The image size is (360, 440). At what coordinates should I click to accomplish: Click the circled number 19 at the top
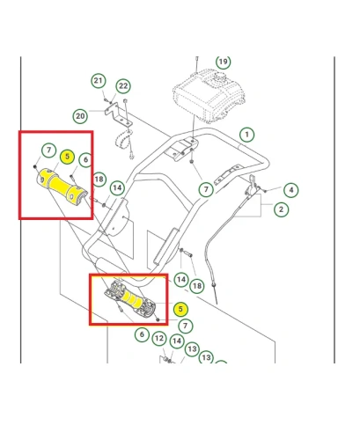[224, 62]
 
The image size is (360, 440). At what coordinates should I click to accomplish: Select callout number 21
[99, 81]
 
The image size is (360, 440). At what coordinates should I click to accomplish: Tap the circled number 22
[123, 86]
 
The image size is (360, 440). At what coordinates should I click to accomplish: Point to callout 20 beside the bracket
[80, 116]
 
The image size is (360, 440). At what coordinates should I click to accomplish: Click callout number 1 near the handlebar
[246, 135]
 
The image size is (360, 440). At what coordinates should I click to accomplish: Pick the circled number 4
[291, 190]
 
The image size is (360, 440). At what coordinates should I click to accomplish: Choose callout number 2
[281, 209]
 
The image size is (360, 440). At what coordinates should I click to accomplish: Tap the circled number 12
[159, 339]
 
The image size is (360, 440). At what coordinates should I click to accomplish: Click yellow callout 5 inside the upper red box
[67, 157]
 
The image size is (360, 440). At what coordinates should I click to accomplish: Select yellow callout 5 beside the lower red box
[180, 309]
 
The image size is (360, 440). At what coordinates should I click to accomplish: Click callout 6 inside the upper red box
[85, 159]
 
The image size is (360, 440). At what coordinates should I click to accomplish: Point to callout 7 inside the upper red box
[49, 150]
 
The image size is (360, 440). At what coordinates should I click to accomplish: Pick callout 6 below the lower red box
[142, 334]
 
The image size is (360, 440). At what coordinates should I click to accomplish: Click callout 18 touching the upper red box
[99, 180]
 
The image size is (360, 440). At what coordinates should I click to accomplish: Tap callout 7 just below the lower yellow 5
[185, 326]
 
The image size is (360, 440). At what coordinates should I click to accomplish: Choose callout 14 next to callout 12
[177, 341]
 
